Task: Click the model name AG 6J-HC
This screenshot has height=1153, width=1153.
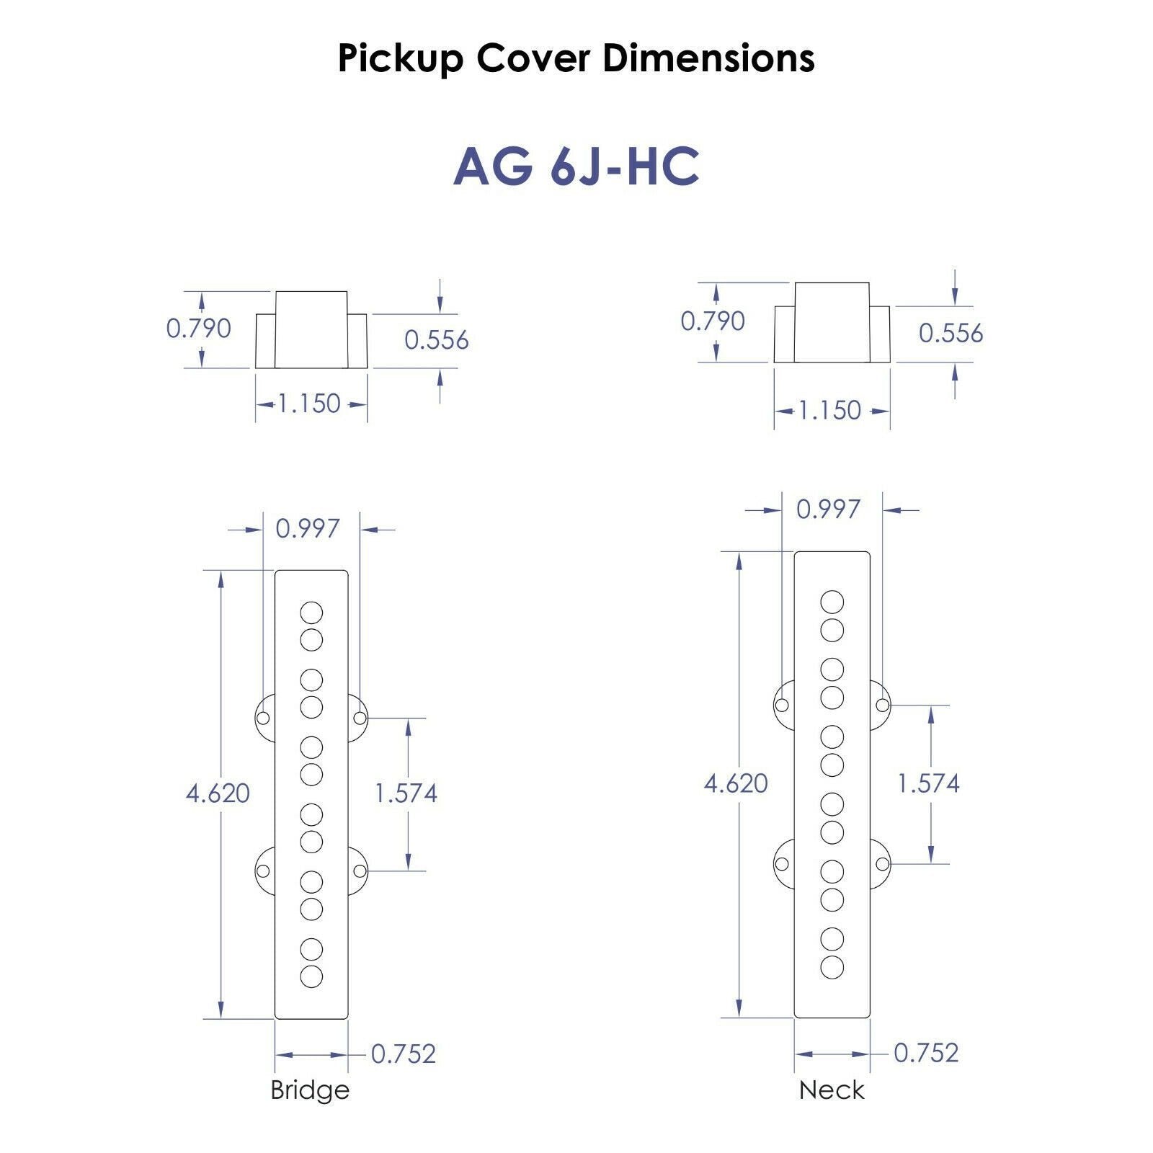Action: (576, 166)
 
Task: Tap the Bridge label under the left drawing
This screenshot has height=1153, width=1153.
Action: (310, 1090)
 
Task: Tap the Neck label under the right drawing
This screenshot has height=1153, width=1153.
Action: (832, 1090)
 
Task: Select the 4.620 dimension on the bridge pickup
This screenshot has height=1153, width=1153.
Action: (218, 793)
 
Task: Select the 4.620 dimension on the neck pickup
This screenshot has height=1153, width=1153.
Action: (736, 783)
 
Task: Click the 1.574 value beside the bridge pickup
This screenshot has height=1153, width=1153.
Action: (406, 793)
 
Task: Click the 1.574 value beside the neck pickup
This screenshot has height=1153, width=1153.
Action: (928, 783)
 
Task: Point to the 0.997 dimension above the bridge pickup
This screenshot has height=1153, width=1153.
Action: (308, 529)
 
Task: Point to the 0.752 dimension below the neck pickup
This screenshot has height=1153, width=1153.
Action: (927, 1053)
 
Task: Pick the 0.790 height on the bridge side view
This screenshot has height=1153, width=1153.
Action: (199, 329)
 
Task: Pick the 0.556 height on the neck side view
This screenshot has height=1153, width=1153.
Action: (951, 333)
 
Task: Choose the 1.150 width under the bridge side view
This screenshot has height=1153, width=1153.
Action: (309, 404)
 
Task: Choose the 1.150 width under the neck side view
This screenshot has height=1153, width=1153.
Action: (829, 411)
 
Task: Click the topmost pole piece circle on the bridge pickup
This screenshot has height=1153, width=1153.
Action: (311, 613)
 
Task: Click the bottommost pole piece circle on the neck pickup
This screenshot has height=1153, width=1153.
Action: (832, 967)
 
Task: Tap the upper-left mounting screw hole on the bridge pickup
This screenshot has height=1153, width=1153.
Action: (263, 718)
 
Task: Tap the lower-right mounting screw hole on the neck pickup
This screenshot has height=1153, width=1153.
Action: (882, 863)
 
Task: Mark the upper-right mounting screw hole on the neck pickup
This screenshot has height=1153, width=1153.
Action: (882, 705)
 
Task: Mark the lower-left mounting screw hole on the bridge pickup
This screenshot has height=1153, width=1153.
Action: (263, 871)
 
